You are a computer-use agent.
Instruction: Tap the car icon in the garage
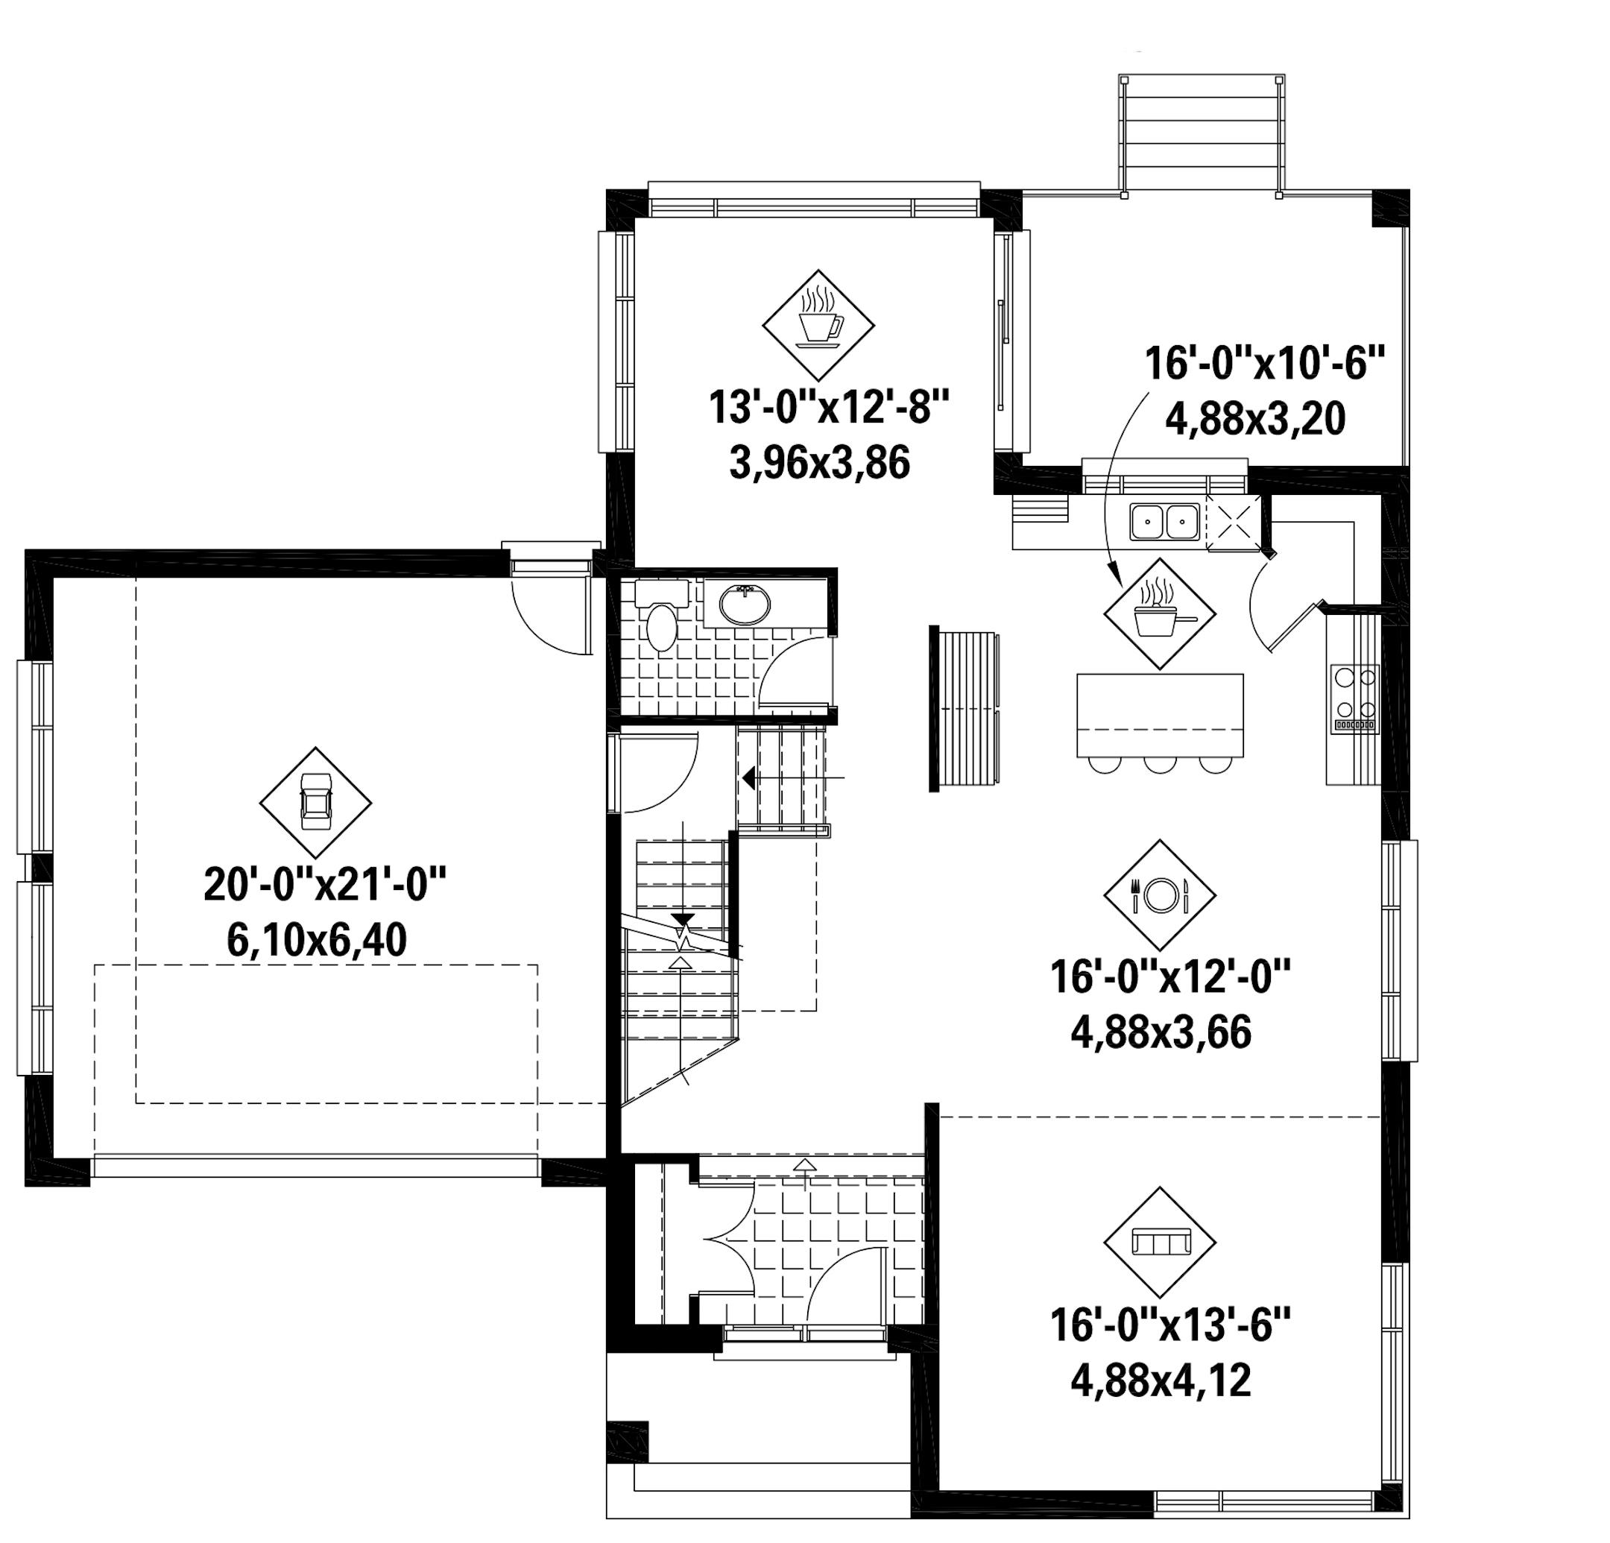click(x=315, y=802)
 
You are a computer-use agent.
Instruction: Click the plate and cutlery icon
click(x=1159, y=894)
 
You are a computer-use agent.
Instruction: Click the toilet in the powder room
click(x=661, y=627)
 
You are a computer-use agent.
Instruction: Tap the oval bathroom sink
click(x=745, y=605)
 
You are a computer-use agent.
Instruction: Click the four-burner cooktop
click(x=1354, y=697)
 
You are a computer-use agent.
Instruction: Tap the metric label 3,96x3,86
click(x=819, y=464)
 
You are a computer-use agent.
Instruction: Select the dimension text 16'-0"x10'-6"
click(x=1265, y=363)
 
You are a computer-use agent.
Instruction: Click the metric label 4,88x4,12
click(x=1160, y=1381)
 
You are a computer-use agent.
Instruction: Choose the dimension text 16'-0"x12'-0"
click(x=1170, y=978)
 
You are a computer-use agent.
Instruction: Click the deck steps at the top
click(x=1200, y=136)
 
